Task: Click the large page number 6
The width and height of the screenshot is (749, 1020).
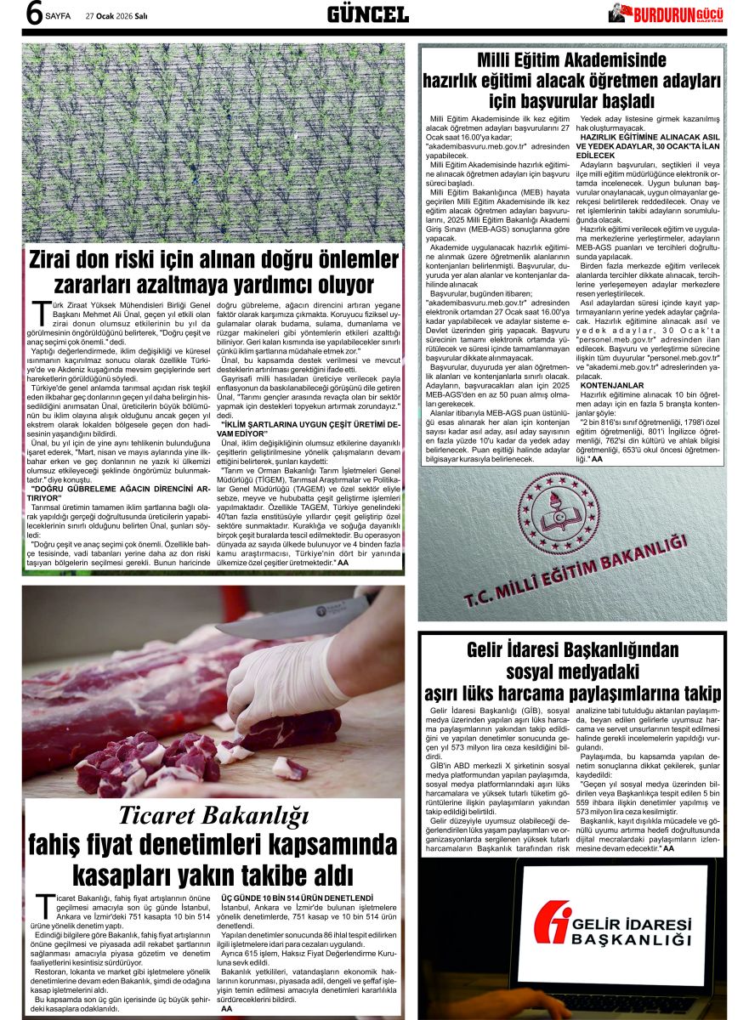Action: click(x=35, y=15)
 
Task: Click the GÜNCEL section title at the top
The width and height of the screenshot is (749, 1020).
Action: click(x=367, y=14)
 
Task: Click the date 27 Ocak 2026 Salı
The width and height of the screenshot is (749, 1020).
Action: click(x=116, y=15)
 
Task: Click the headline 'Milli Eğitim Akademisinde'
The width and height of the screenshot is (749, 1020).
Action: click(x=572, y=61)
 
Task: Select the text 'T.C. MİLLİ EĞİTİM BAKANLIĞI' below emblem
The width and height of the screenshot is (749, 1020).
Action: click(x=576, y=572)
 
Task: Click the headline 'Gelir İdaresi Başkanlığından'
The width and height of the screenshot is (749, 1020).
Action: click(x=573, y=651)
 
